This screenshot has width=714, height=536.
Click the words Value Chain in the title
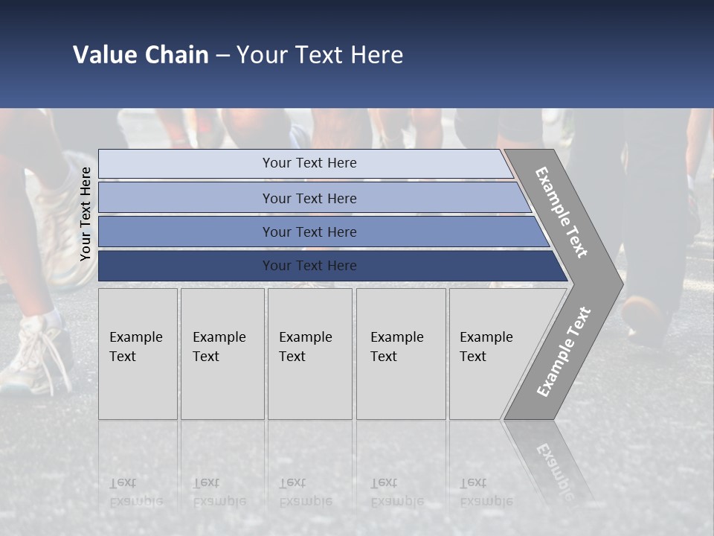141,55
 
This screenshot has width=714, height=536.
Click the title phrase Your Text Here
320,55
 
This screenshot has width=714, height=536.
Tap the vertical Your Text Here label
86,214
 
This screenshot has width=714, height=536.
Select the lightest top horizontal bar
309,163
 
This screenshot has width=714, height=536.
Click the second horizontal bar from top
309,198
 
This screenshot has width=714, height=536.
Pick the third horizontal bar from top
309,232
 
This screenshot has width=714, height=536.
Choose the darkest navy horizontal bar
309,266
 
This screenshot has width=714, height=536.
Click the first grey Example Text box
138,354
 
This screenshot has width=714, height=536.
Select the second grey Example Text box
222,354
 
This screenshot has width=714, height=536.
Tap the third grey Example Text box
309,354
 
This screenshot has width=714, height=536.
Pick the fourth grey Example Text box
400,354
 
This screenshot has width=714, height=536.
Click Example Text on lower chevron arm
563,351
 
